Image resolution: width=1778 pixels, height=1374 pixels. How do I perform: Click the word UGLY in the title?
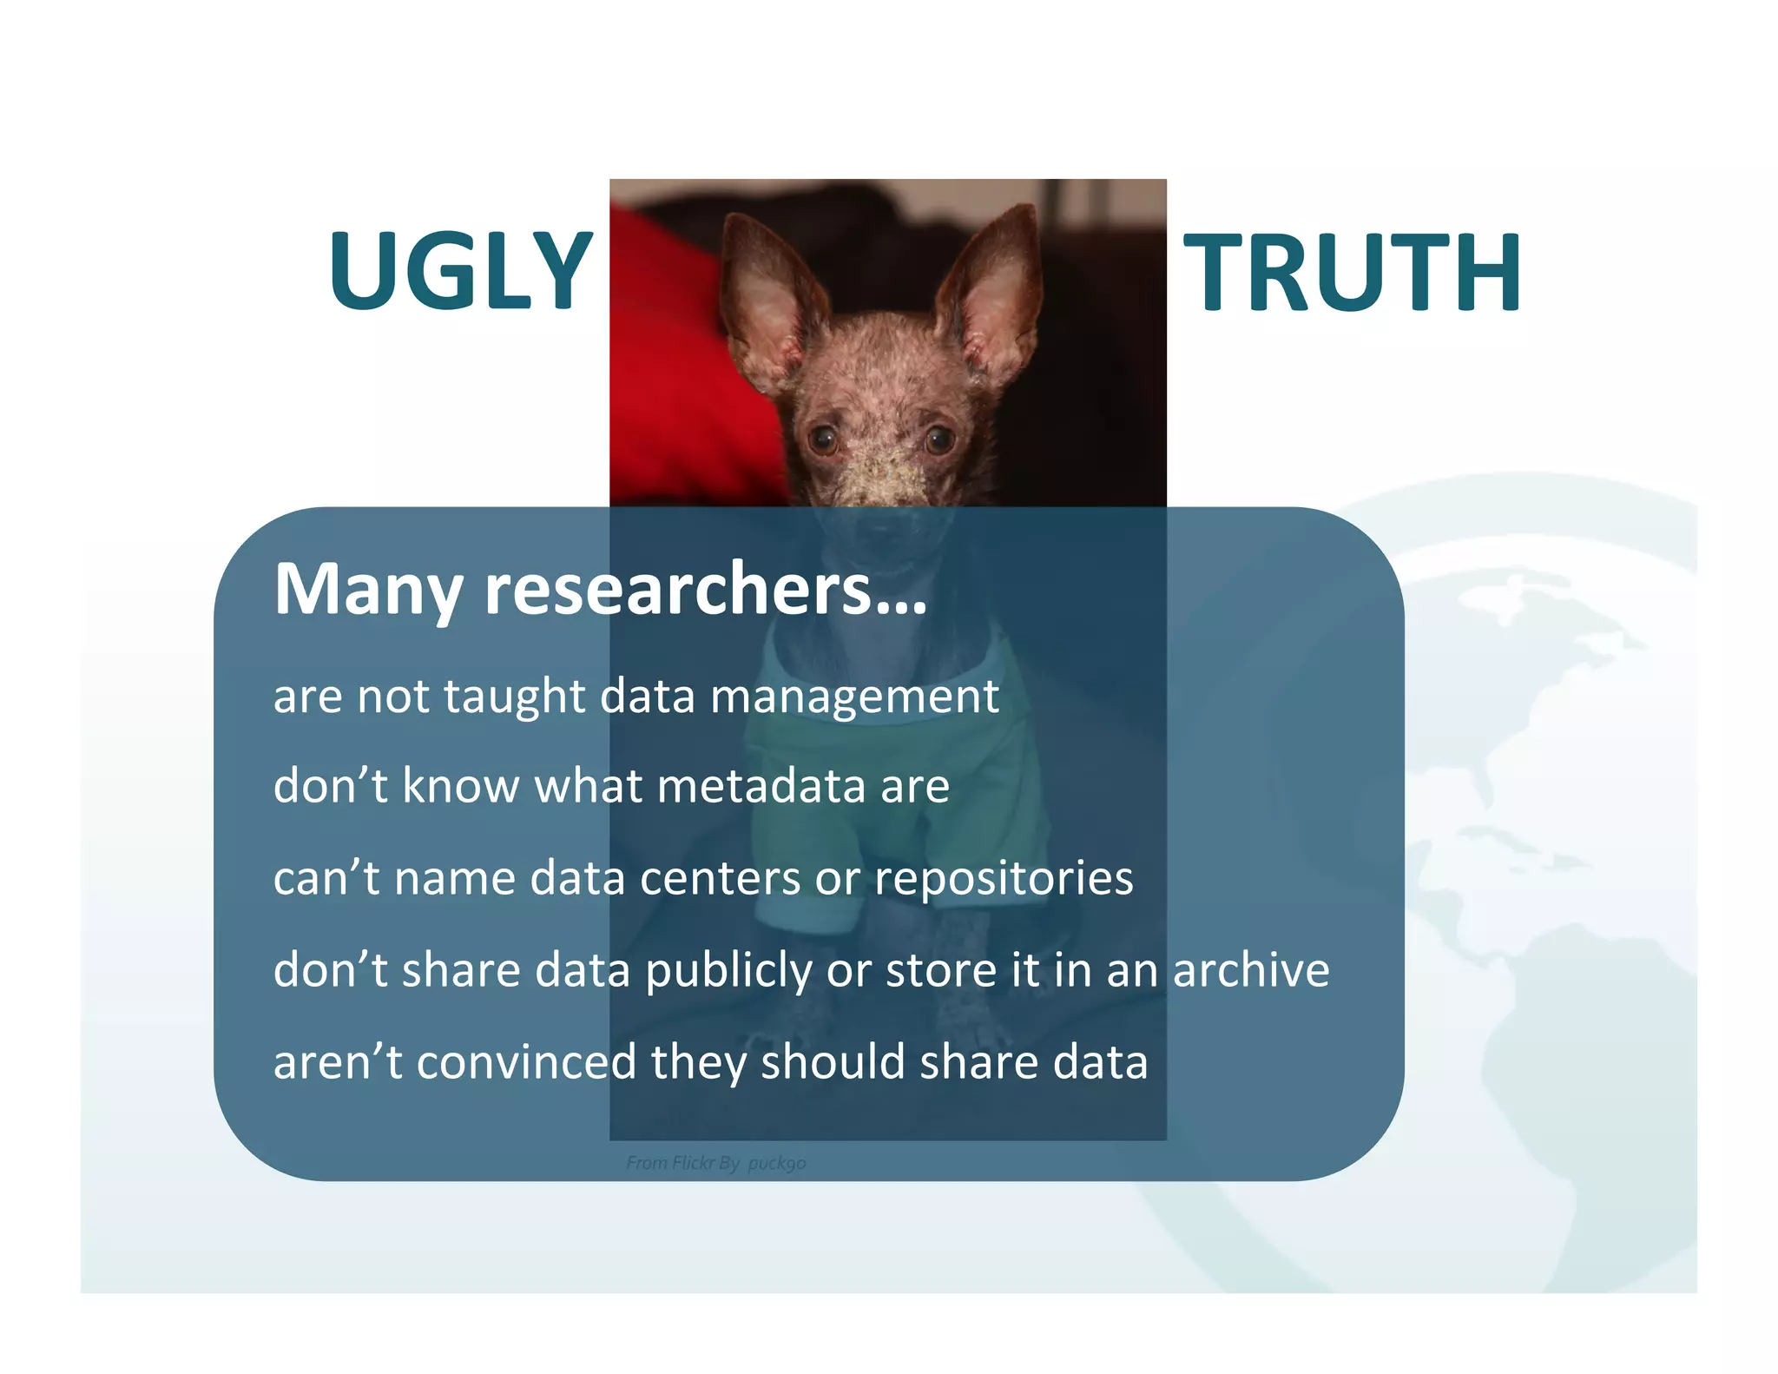(460, 271)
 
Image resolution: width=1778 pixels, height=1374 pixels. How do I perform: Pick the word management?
(854, 697)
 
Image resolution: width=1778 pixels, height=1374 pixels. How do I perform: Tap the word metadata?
(761, 786)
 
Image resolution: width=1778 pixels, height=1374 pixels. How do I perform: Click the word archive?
(1251, 970)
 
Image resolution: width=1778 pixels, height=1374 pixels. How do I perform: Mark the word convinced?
(526, 1062)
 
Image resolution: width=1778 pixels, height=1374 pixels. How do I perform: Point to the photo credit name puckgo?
(777, 1163)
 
